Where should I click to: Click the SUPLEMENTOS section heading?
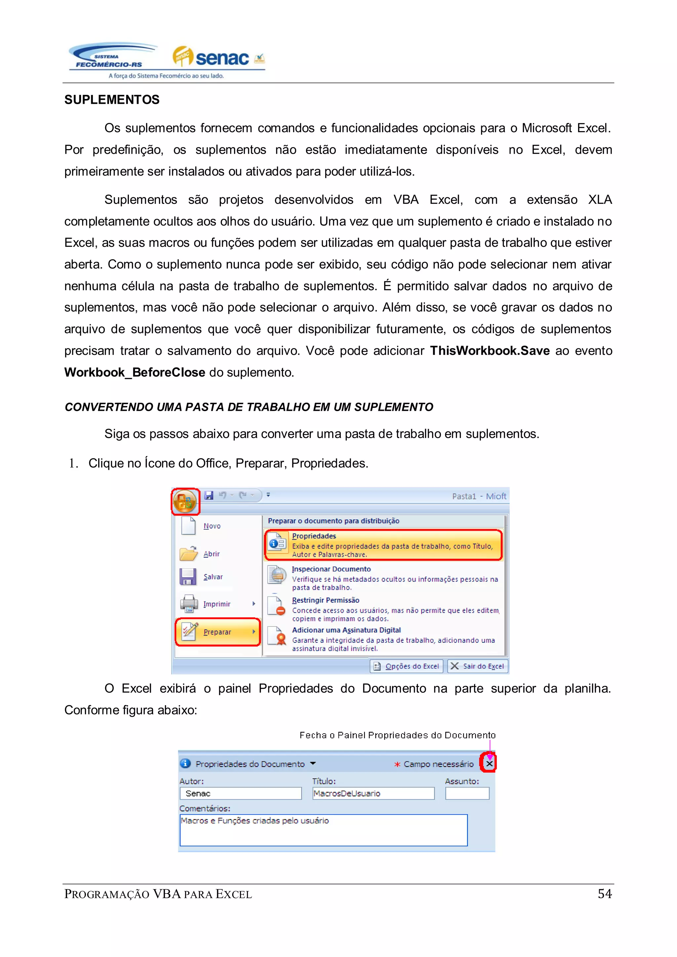tap(112, 99)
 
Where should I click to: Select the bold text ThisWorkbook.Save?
tap(490, 351)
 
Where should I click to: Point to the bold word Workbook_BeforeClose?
tap(135, 372)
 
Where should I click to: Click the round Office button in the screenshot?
tap(185, 501)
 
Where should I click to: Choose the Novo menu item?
tap(212, 526)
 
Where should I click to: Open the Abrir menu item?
tap(211, 554)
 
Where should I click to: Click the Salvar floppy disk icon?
tap(188, 577)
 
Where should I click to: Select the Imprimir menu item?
tap(217, 604)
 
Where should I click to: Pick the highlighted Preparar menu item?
tap(218, 632)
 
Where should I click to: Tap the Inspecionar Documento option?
tap(331, 569)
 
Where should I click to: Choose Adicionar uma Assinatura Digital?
tap(346, 630)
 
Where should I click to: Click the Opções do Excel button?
tap(407, 666)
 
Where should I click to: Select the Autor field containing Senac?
tap(241, 793)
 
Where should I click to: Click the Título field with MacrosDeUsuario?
tap(373, 793)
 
